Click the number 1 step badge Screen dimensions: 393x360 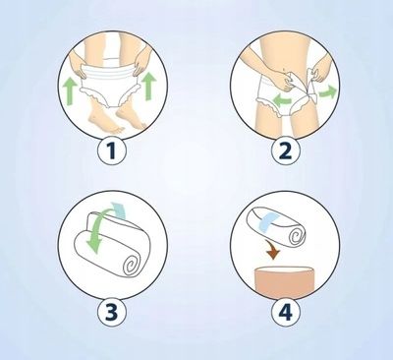pyautogui.click(x=112, y=150)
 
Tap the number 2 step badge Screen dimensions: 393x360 pyautogui.click(x=286, y=150)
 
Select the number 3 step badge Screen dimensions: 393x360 pyautogui.click(x=112, y=311)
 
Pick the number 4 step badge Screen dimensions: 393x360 pyautogui.click(x=286, y=311)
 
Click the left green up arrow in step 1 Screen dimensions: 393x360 pyautogui.click(x=71, y=91)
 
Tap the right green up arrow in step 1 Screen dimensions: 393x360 pyautogui.click(x=149, y=86)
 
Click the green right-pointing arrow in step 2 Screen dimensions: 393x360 pyautogui.click(x=328, y=92)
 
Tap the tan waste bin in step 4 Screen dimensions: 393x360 pyautogui.click(x=285, y=281)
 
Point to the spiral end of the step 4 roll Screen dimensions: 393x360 pyautogui.click(x=297, y=235)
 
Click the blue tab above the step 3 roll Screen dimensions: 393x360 pyautogui.click(x=119, y=210)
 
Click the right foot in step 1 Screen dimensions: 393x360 pyautogui.click(x=130, y=116)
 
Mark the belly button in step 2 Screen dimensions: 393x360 pyautogui.click(x=283, y=70)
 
